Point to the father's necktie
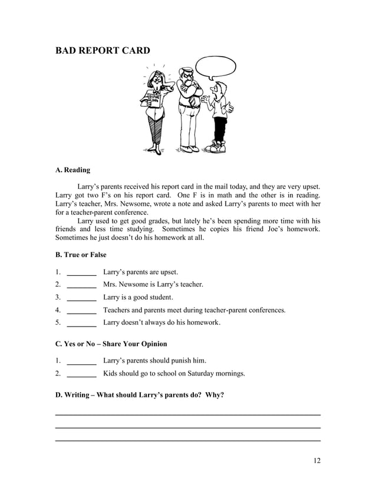192,100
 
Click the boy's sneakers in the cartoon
217,147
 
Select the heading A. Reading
72,170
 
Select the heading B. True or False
81,255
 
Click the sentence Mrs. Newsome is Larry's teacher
153,285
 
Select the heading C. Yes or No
111,344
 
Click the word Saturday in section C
199,373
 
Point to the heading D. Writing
139,394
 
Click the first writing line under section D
187,414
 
